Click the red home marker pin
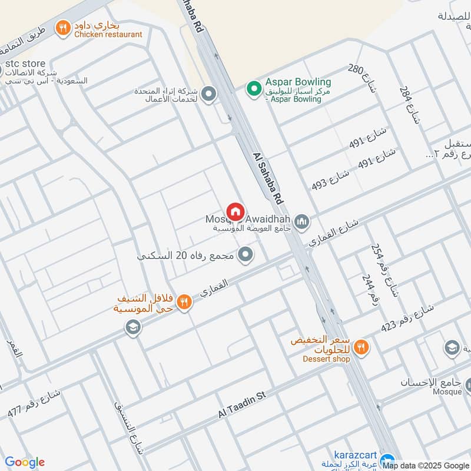[x=235, y=211]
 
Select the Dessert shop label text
[x=326, y=359]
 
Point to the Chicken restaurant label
[x=108, y=34]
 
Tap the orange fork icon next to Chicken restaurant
[x=61, y=26]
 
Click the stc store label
[x=25, y=63]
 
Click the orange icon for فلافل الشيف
[x=184, y=302]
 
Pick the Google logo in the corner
[x=24, y=462]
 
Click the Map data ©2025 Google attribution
[x=426, y=465]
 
